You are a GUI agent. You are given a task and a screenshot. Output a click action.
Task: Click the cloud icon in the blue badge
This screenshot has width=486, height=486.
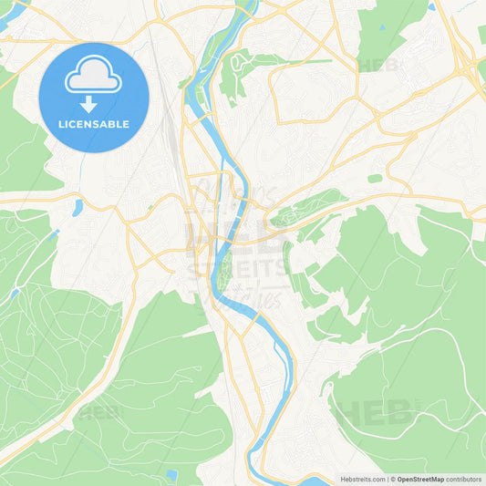pyautogui.click(x=94, y=76)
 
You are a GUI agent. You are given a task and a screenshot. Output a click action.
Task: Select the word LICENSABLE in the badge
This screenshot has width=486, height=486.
pyautogui.click(x=94, y=124)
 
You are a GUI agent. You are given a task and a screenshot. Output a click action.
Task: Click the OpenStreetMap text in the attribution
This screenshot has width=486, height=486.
pyautogui.click(x=420, y=478)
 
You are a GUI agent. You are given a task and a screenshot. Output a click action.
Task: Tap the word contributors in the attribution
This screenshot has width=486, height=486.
pyautogui.click(x=464, y=478)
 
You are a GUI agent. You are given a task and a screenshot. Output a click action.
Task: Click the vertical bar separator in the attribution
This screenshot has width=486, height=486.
pyautogui.click(x=389, y=478)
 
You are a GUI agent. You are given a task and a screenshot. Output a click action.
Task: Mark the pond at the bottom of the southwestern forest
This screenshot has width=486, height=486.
pyautogui.click(x=171, y=474)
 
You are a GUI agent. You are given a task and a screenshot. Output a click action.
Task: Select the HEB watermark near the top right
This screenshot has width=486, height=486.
pyautogui.click(x=378, y=65)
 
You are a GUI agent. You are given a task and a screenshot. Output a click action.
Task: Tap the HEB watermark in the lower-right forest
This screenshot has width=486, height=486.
pyautogui.click(x=365, y=413)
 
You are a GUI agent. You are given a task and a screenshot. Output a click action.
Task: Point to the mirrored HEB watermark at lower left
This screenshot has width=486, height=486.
pyautogui.click(x=100, y=412)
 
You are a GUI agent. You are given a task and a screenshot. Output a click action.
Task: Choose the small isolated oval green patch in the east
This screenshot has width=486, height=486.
pyautogui.click(x=375, y=179)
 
